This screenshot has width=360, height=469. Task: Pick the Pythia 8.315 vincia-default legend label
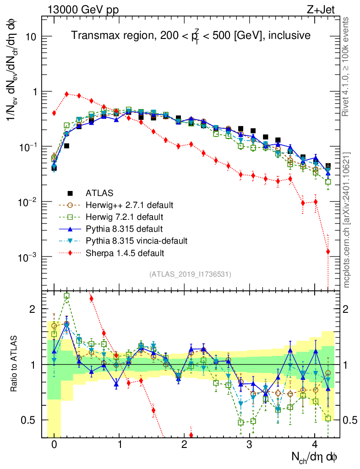point(135,240)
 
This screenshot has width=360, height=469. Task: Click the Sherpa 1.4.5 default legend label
point(121,252)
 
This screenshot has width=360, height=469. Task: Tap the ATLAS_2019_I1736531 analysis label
point(190,274)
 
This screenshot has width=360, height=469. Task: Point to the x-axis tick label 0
point(54,445)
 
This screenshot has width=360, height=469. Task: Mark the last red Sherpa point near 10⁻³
point(328,251)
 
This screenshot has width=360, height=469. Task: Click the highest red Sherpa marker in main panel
point(67,94)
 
